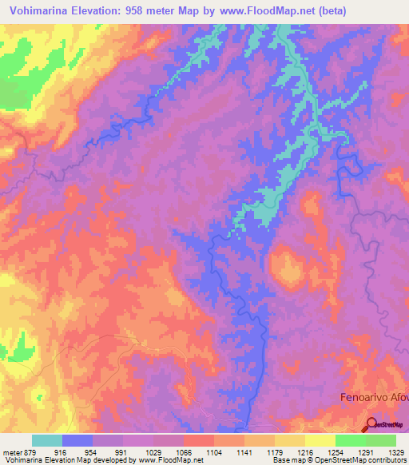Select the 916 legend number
pos(64,452)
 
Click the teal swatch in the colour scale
pos(47,440)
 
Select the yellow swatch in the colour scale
pos(320,440)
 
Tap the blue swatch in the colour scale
pos(77,440)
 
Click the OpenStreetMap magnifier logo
pos(372,424)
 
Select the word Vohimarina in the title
pos(38,11)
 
